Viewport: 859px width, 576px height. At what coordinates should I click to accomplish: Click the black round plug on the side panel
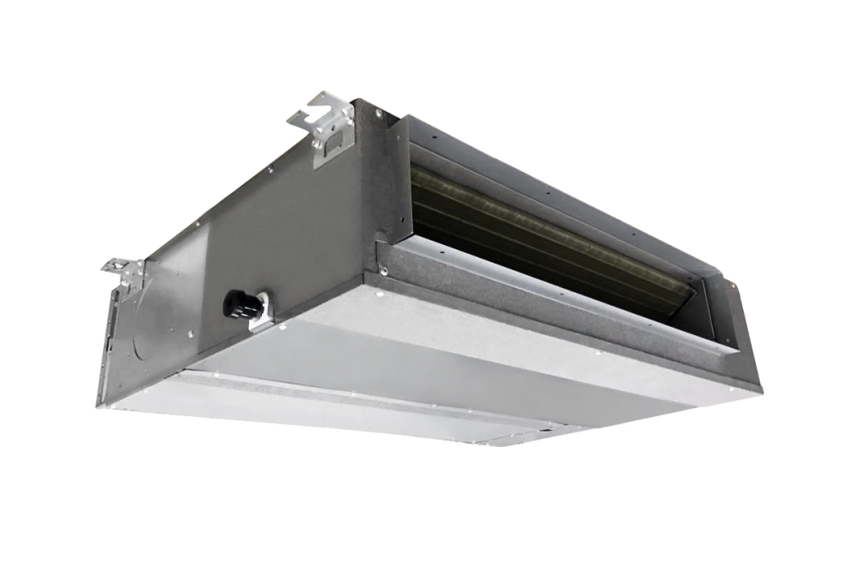point(234,302)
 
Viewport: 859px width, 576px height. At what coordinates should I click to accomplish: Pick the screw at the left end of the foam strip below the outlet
point(384,273)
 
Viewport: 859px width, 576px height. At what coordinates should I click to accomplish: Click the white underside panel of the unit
point(472,378)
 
